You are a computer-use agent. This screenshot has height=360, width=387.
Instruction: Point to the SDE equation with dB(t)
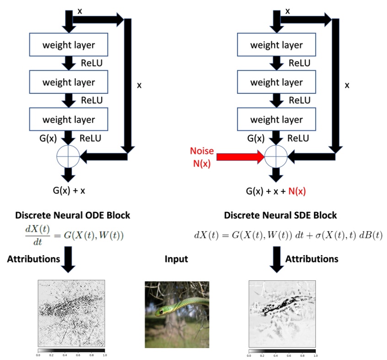point(288,235)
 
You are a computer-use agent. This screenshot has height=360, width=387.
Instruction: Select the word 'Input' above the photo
point(176,259)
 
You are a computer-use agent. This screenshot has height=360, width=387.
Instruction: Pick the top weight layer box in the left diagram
point(69,45)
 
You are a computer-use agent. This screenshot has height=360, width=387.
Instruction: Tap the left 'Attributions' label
point(33,259)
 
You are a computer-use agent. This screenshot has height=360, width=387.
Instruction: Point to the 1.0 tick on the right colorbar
point(315,355)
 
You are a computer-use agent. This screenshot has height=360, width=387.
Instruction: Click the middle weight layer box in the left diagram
point(69,82)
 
